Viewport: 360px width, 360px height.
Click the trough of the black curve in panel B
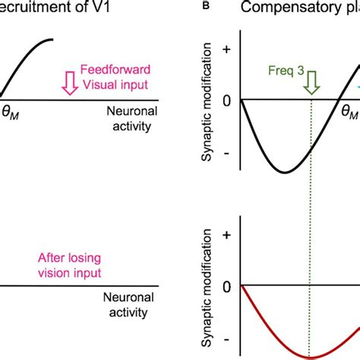[284, 172]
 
